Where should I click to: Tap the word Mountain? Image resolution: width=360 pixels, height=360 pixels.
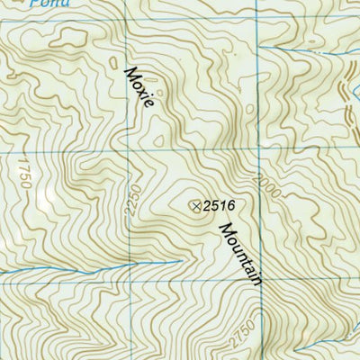(x=238, y=255)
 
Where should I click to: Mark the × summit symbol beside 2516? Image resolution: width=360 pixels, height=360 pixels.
(x=196, y=206)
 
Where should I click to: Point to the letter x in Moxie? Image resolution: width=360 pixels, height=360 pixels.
(x=141, y=87)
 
